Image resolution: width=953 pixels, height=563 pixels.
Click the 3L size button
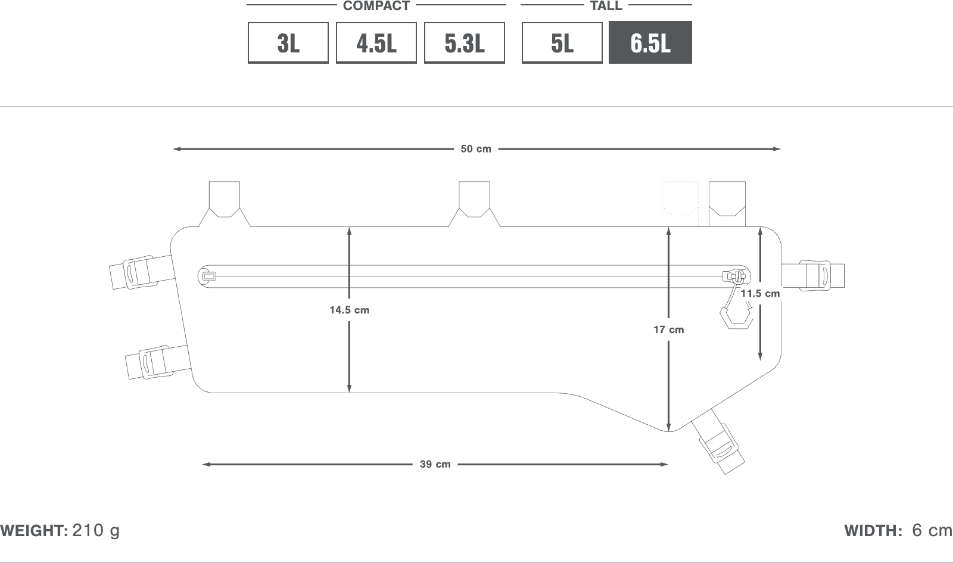[x=288, y=43]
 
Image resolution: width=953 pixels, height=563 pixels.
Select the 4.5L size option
[x=376, y=43]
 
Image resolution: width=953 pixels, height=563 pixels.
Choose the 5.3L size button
[x=464, y=43]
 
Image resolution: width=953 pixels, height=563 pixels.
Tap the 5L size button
[x=562, y=43]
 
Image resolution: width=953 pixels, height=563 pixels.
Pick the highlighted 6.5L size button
[x=650, y=42]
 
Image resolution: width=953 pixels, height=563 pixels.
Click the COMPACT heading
[x=376, y=5]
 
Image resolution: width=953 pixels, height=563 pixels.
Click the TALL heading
[x=606, y=5]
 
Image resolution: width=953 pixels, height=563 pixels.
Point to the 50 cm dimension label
[x=476, y=149]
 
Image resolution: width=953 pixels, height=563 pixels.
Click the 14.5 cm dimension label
[x=349, y=310]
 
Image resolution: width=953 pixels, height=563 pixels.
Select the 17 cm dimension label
[x=669, y=330]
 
